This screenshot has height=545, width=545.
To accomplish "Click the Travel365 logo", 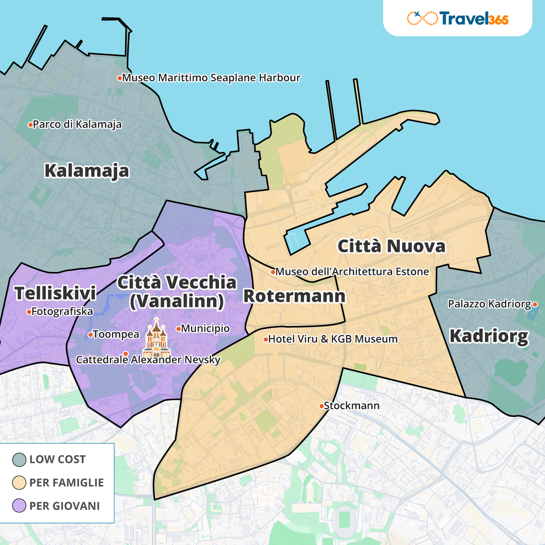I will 457,18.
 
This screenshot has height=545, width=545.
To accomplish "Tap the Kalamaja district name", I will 86,171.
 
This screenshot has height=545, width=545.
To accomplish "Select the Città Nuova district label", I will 392,246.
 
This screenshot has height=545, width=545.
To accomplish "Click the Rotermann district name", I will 294,296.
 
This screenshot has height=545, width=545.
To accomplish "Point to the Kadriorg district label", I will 488,336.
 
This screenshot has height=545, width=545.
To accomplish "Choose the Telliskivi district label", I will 55,293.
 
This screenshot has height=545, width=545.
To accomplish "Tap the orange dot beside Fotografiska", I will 29,312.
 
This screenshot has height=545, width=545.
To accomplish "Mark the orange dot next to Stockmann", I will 321,406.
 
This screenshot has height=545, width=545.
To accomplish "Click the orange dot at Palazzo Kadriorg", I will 535,304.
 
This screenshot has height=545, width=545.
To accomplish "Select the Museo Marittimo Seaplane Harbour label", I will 211,78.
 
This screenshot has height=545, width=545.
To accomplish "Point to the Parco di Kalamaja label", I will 77,124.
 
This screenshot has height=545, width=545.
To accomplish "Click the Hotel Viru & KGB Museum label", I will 333,339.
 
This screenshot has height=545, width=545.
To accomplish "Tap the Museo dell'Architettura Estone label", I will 352,271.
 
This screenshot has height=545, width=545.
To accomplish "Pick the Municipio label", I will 205,329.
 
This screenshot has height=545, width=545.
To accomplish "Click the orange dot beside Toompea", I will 90,334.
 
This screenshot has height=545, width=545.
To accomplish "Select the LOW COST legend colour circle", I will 19,459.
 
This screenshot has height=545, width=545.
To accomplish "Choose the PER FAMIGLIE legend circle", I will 19,482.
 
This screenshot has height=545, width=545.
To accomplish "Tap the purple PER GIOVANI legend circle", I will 19,506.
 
